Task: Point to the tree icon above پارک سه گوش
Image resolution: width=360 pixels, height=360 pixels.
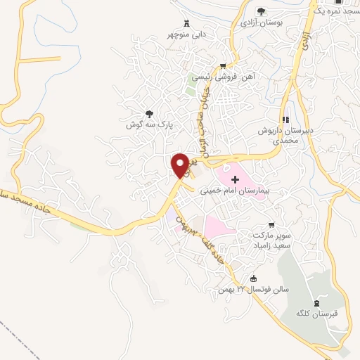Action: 148,113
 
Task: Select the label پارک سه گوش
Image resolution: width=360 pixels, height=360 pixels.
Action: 149,124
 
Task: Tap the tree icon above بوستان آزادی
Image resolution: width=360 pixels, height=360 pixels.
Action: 262,11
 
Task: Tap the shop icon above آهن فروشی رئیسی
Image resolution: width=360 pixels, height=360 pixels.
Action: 223,65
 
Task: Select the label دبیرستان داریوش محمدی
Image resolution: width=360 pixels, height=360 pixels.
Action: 286,135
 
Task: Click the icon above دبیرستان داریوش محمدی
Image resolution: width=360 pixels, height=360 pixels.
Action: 285,119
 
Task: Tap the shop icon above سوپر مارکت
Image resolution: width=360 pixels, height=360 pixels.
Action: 271,224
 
